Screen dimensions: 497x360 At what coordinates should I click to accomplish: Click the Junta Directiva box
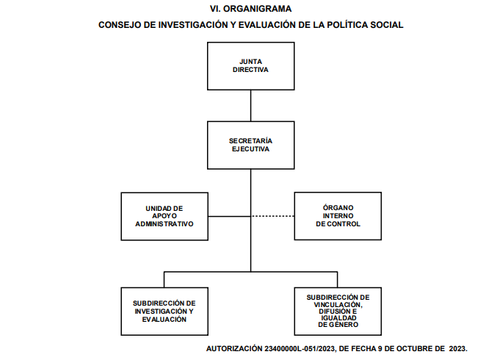click(x=251, y=66)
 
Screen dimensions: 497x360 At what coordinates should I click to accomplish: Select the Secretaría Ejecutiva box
click(x=251, y=145)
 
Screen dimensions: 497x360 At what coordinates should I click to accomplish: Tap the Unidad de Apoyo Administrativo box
click(x=164, y=216)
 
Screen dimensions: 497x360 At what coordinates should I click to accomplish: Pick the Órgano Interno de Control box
click(x=338, y=216)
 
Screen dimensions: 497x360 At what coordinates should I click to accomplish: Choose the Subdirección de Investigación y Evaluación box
click(x=164, y=312)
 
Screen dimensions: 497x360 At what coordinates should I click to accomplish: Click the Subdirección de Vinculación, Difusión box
click(x=338, y=312)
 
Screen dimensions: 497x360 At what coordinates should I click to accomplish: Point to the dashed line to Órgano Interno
click(x=272, y=216)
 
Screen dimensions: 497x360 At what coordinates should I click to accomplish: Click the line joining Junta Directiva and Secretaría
click(x=251, y=106)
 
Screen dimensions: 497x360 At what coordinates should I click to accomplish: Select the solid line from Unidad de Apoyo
click(x=229, y=216)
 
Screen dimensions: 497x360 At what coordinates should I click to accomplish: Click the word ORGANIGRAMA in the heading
click(x=258, y=9)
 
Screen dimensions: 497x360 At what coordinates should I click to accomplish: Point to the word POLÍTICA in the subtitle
click(x=347, y=25)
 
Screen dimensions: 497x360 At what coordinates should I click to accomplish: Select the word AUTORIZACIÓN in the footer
click(x=235, y=348)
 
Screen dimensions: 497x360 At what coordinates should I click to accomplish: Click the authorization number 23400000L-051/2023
click(x=300, y=348)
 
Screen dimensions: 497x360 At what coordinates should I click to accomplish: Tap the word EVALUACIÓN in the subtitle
click(x=267, y=25)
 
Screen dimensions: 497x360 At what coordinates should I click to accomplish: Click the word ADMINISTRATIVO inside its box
click(x=164, y=224)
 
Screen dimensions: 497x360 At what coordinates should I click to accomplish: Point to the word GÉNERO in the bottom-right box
click(x=344, y=325)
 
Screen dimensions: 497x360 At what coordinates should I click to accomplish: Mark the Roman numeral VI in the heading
click(x=215, y=9)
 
